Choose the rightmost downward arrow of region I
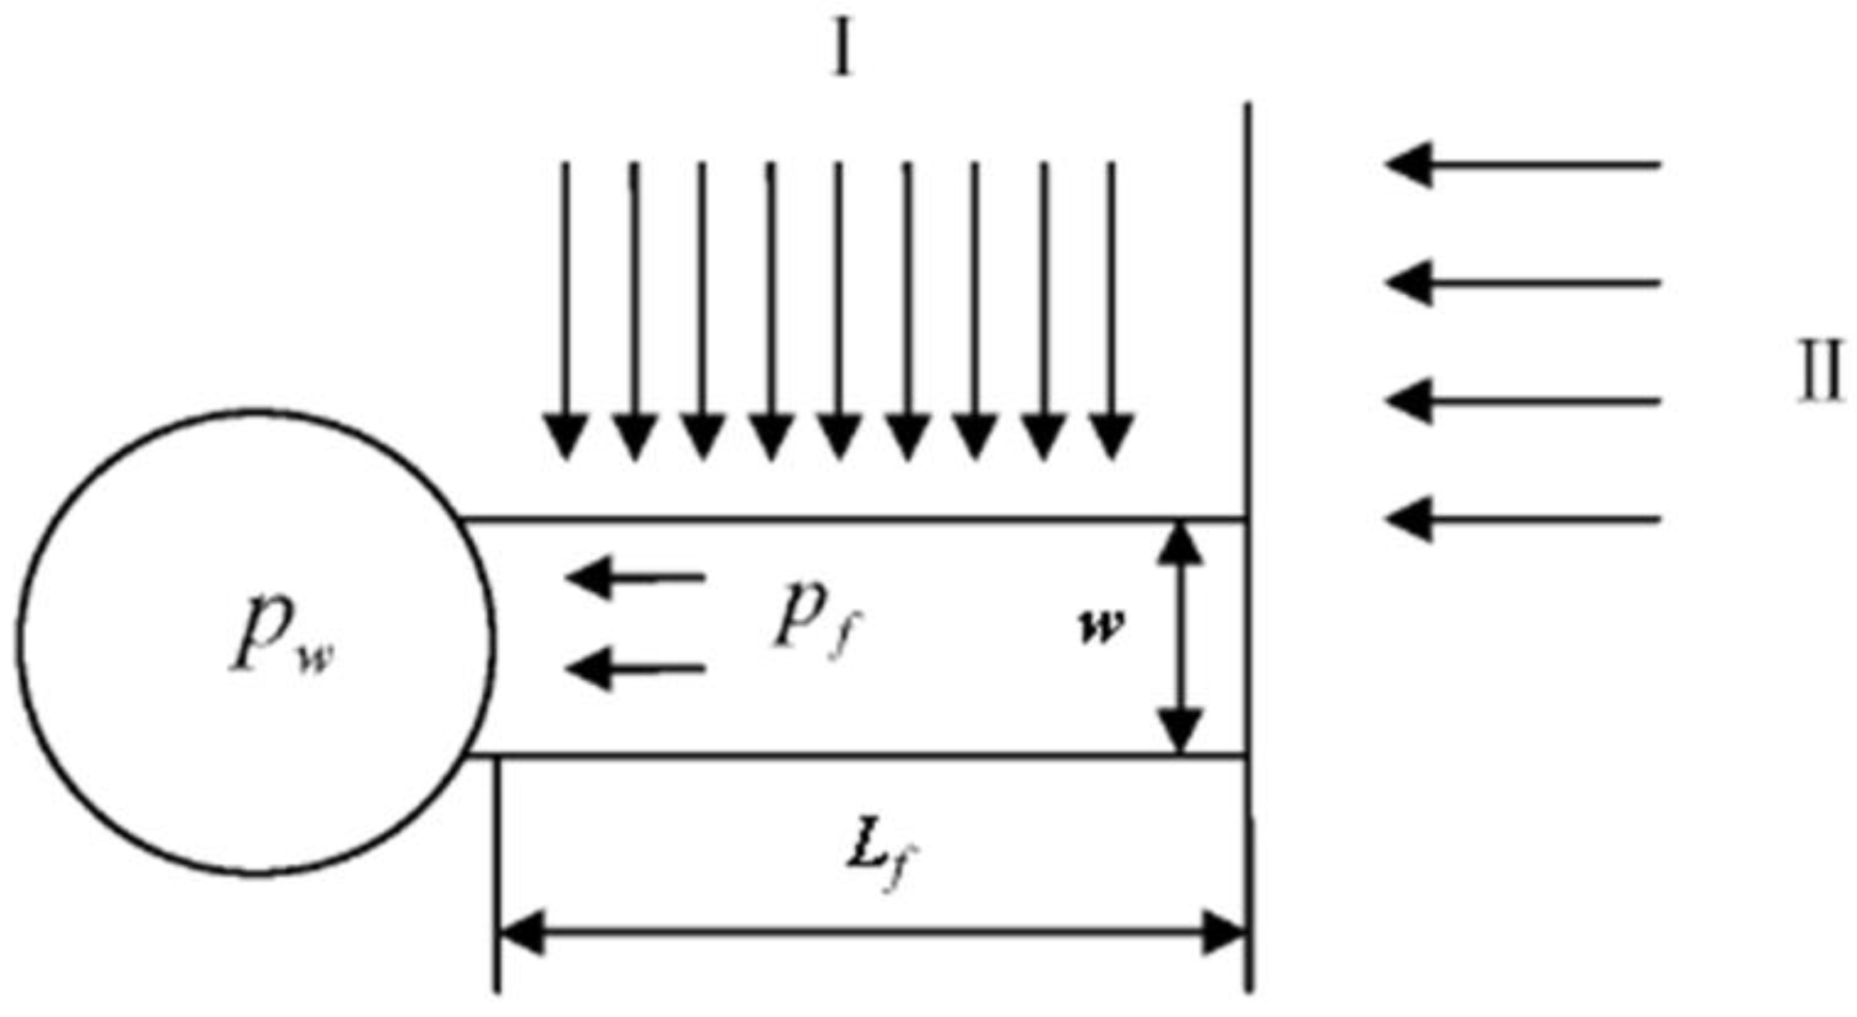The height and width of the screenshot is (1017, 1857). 1112,311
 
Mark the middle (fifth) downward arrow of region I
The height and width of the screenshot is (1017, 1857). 839,311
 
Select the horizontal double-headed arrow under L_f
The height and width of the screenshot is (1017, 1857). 871,932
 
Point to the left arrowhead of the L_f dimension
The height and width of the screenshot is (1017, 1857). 520,932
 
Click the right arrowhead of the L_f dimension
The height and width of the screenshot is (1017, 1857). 1224,932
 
